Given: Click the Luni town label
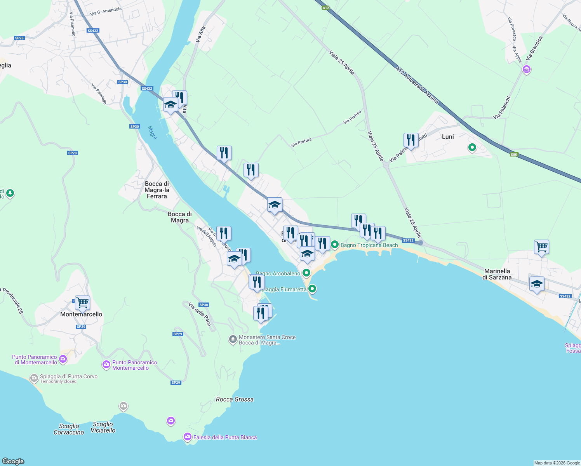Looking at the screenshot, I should pos(448,137).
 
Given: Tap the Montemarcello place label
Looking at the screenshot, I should pos(81,314).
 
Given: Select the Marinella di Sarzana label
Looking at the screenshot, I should pos(497,274).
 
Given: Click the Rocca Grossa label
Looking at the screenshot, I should pos(235,399).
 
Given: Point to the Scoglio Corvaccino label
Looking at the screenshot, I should pos(69,429).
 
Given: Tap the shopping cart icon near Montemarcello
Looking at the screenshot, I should pos(82,303).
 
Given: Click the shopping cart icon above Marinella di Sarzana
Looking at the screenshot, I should pos(541,247).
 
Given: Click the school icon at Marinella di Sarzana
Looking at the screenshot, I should pos(537,284).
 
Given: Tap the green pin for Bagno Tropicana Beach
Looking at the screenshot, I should pos(335,245).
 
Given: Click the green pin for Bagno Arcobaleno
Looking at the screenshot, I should pos(306,273).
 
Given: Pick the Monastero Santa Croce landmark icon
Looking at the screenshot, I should pos(233,340).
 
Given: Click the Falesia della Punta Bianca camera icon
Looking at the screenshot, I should pos(188,437).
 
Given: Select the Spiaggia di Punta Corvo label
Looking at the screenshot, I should pos(68,376).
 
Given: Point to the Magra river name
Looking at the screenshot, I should pos(153,132).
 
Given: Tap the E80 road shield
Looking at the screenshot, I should pos(514,155).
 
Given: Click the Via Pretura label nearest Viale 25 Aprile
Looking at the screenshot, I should pos(352,117).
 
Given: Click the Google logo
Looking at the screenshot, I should pos(13,461).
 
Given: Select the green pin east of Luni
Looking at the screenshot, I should pos(472,148).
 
